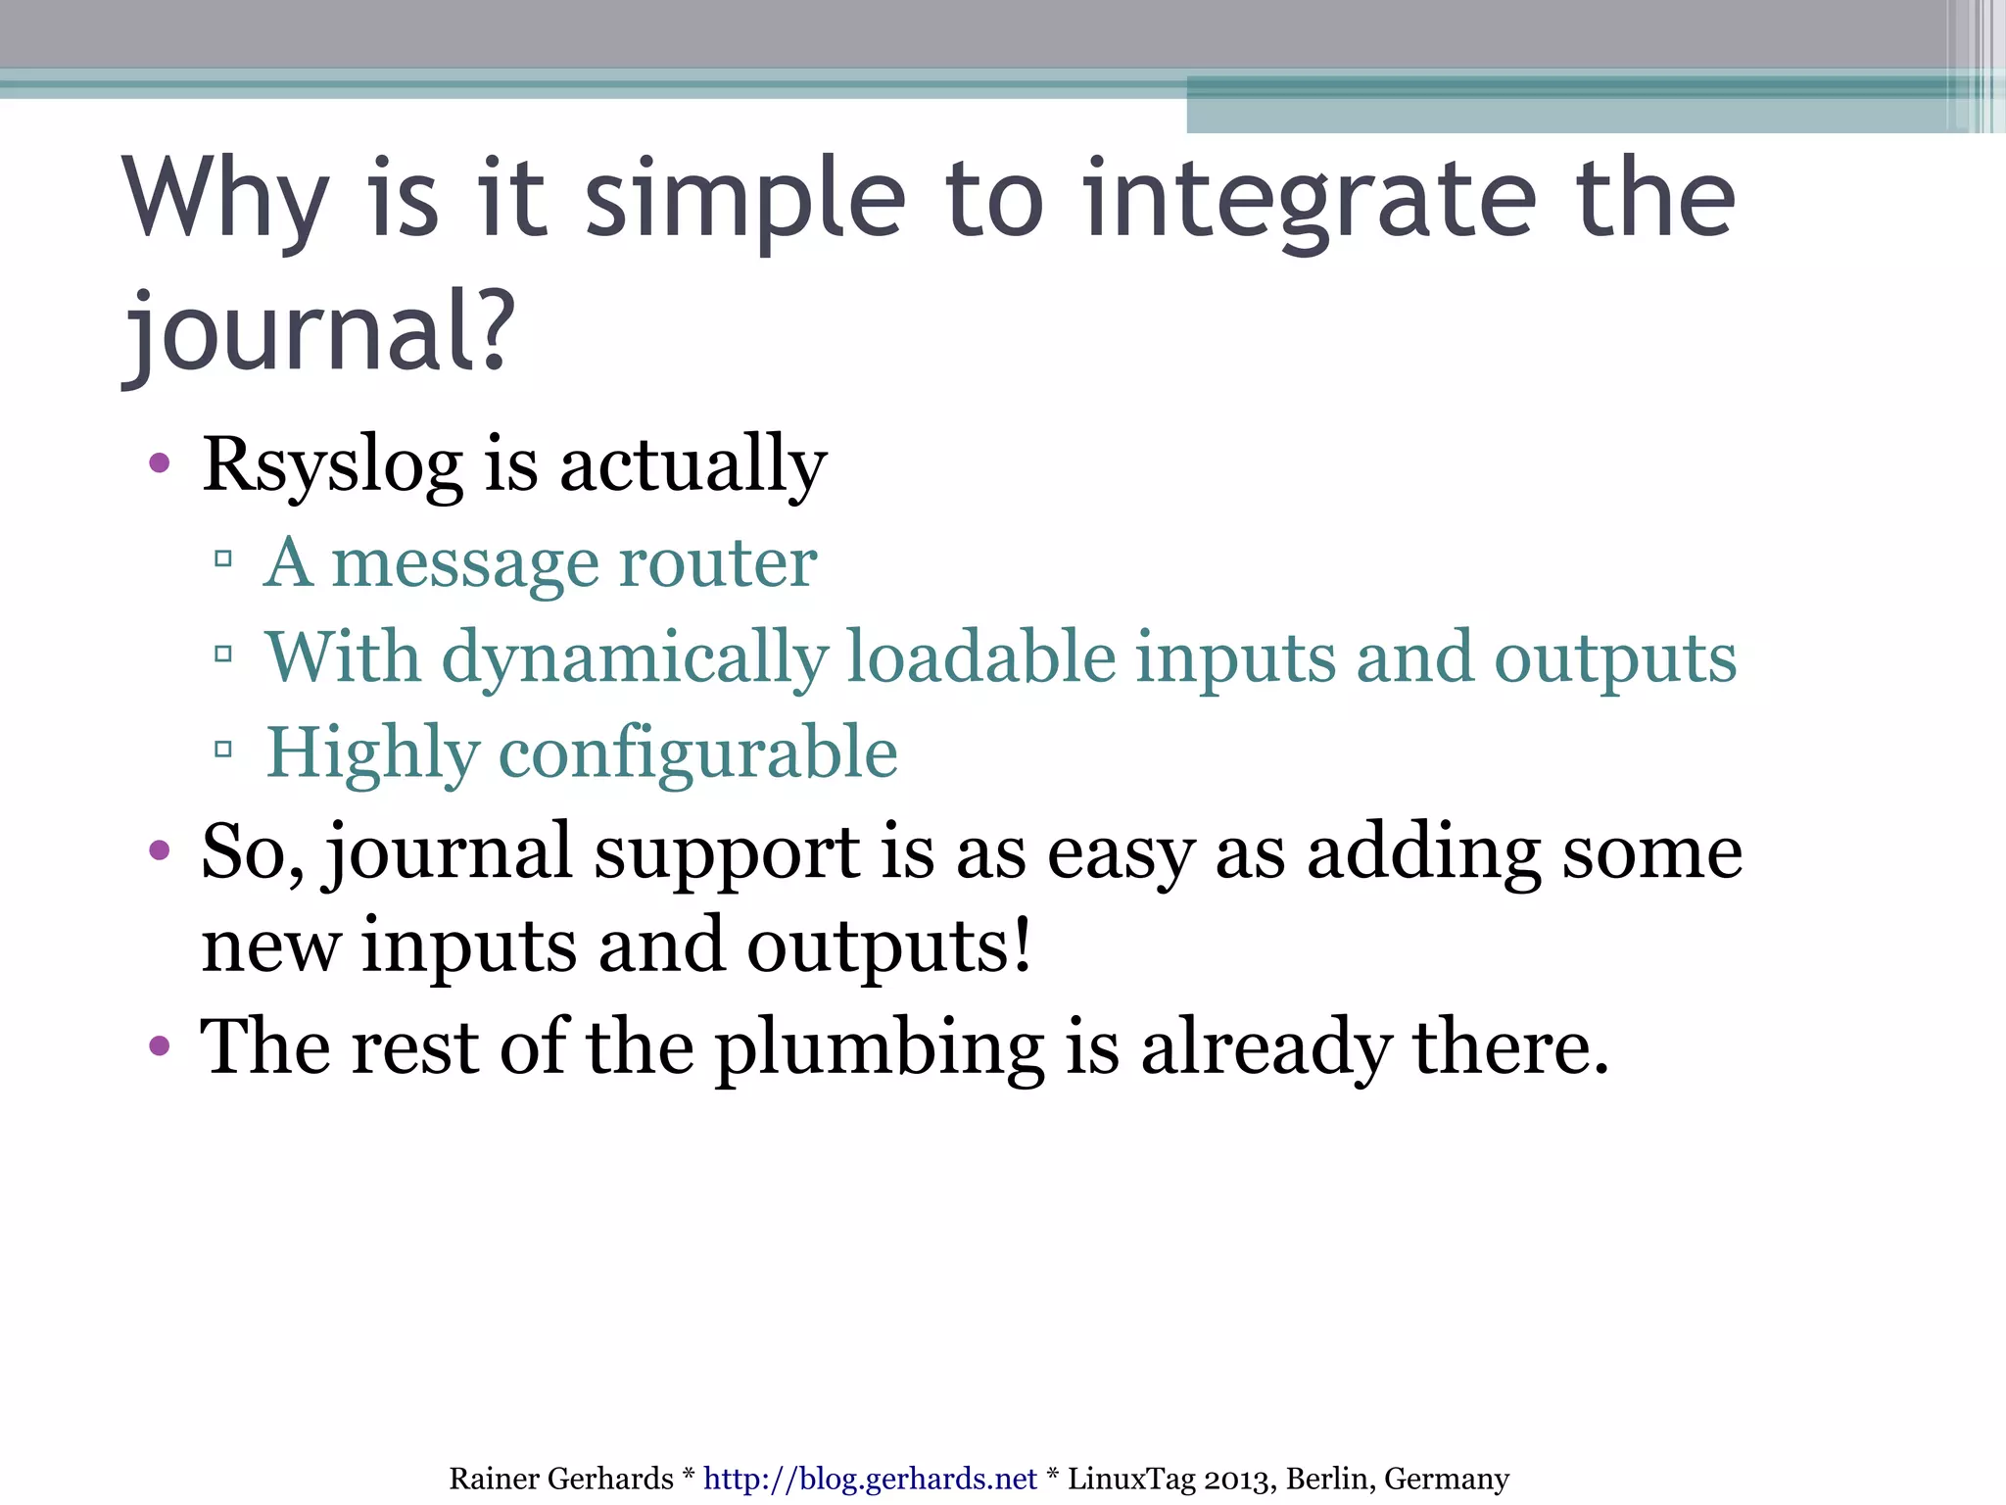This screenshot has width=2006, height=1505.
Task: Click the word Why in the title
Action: click(225, 201)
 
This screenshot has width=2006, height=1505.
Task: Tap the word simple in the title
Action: click(744, 201)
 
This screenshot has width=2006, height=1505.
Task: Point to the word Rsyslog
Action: click(331, 464)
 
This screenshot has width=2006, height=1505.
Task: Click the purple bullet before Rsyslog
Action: click(160, 462)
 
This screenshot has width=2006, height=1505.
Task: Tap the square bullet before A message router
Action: click(223, 559)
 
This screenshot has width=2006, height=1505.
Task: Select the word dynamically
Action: click(635, 657)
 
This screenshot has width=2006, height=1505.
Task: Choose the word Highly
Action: click(372, 752)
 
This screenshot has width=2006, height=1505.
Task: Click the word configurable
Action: click(697, 752)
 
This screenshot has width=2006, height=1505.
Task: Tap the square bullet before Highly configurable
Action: click(223, 751)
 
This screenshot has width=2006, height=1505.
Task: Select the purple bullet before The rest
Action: click(160, 1046)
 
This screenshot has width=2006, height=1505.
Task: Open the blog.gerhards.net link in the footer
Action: click(869, 1479)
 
